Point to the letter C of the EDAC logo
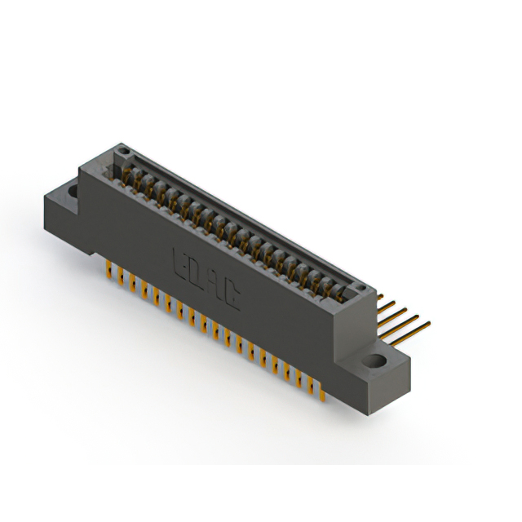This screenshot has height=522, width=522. coord(232,296)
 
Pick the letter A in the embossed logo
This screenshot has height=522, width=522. coord(215,285)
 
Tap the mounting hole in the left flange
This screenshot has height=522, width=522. coord(72,192)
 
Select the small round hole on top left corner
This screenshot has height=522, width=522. coord(122,151)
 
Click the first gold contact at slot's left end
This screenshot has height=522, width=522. coord(129,172)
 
